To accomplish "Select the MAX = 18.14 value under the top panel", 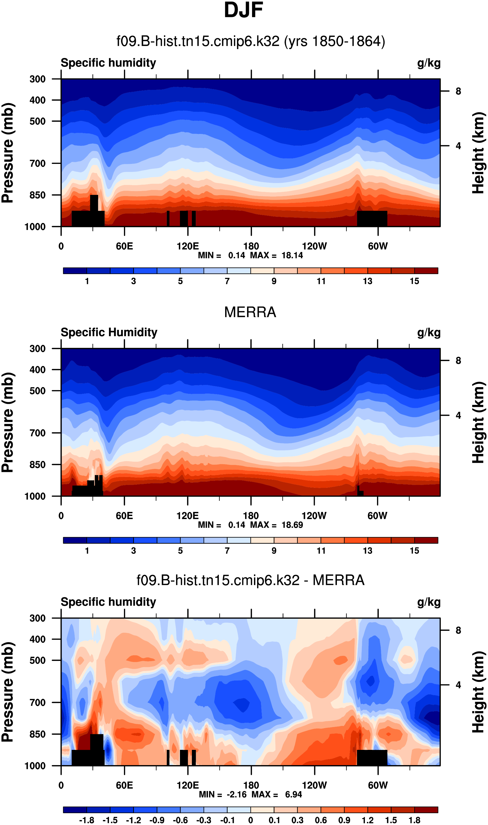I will pyautogui.click(x=276, y=255).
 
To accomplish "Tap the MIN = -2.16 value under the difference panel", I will pyautogui.click(x=223, y=795).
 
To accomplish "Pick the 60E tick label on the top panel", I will pyautogui.click(x=124, y=246).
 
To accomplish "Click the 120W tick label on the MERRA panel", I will pyautogui.click(x=314, y=516).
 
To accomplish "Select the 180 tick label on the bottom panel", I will pyautogui.click(x=251, y=786).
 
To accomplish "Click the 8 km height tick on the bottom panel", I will pyautogui.click(x=458, y=630).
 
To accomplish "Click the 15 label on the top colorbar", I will pyautogui.click(x=414, y=281).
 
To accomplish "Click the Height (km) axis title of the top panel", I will pyautogui.click(x=479, y=153).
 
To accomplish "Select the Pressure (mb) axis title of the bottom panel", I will pyautogui.click(x=8, y=692).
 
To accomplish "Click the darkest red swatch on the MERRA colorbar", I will pyautogui.click(x=426, y=540).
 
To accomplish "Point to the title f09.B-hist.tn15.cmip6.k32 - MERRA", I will pyautogui.click(x=250, y=580).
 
